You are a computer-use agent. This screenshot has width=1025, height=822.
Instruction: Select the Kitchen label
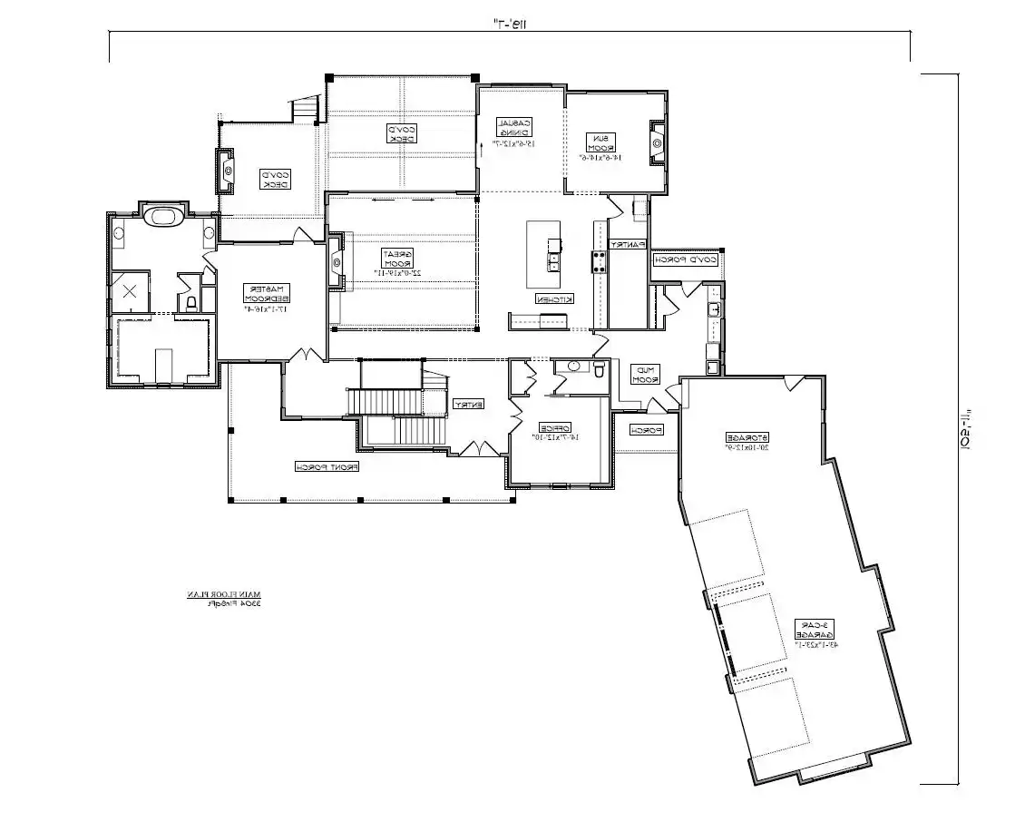552,298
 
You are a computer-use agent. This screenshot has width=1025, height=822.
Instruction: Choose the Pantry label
627,244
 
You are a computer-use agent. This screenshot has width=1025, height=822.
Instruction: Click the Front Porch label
327,467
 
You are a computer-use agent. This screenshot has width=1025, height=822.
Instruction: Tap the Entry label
469,404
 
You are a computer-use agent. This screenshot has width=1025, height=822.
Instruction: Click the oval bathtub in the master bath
164,217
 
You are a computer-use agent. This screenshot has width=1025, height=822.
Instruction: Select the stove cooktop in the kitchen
599,262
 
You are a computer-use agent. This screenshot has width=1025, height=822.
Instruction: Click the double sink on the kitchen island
552,262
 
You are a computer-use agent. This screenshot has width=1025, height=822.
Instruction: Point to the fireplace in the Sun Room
657,142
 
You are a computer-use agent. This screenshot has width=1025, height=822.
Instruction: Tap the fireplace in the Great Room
336,263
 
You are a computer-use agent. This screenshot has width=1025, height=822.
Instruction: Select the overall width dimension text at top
511,24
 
